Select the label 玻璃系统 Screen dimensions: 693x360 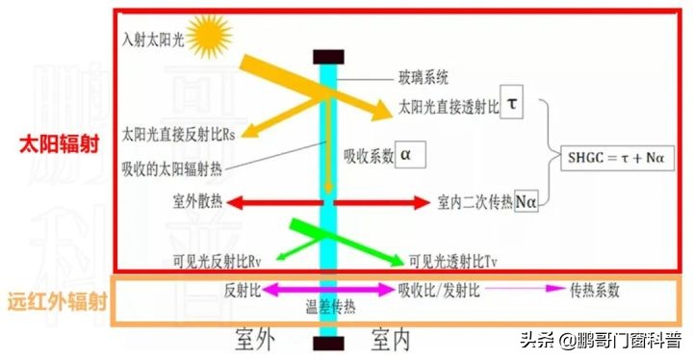coord(423,76)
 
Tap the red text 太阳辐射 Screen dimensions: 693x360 coord(55,143)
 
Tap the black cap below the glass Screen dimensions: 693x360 coord(329,344)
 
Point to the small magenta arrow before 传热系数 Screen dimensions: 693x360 coord(539,289)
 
